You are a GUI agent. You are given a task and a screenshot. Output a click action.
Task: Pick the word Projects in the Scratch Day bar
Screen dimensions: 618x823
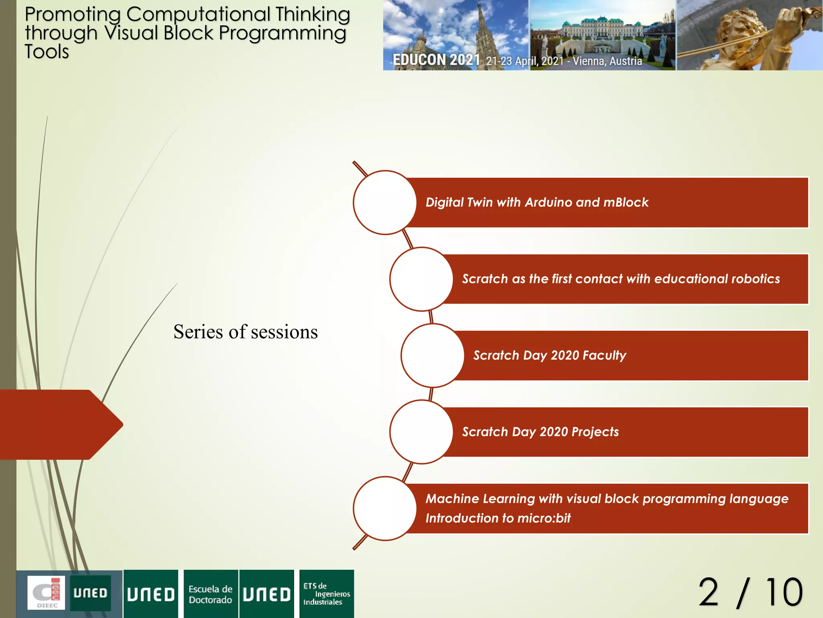(595, 432)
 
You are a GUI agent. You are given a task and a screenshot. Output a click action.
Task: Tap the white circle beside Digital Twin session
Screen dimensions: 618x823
(385, 202)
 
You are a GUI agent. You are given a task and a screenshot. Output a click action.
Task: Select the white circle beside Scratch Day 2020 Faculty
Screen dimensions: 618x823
(432, 356)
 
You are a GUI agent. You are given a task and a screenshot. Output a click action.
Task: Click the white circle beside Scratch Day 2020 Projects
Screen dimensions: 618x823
(421, 432)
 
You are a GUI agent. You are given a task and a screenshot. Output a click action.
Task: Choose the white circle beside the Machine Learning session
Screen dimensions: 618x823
(385, 509)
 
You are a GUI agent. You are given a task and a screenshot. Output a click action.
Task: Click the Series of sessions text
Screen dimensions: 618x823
(246, 332)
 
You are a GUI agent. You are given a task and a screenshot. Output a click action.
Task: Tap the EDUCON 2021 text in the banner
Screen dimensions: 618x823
(436, 60)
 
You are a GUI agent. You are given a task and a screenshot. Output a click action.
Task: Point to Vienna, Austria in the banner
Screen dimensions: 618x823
(607, 61)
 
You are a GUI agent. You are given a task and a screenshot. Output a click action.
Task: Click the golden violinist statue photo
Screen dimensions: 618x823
(749, 35)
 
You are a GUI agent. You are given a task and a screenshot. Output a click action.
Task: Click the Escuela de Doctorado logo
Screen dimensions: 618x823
(211, 594)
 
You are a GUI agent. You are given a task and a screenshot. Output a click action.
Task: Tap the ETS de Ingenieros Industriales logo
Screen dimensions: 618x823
(326, 594)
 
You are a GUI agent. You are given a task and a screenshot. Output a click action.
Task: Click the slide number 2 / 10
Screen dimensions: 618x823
(750, 593)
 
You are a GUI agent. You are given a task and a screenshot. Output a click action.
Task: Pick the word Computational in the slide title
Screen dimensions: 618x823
(198, 14)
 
